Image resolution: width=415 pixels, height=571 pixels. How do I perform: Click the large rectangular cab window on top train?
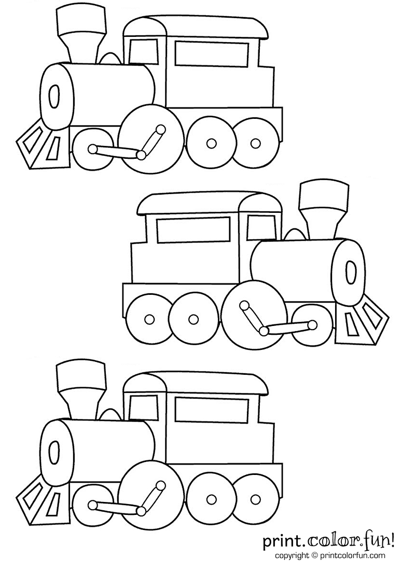211,53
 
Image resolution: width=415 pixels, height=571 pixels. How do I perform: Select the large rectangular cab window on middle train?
193,230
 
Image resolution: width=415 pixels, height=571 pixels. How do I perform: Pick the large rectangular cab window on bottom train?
211,409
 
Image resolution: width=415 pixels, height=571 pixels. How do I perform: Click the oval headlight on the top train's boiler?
53,97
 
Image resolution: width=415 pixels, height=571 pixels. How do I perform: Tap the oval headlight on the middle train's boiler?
351,273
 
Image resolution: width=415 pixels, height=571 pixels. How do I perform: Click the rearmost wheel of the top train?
254,142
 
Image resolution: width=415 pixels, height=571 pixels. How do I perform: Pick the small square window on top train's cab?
139,51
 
